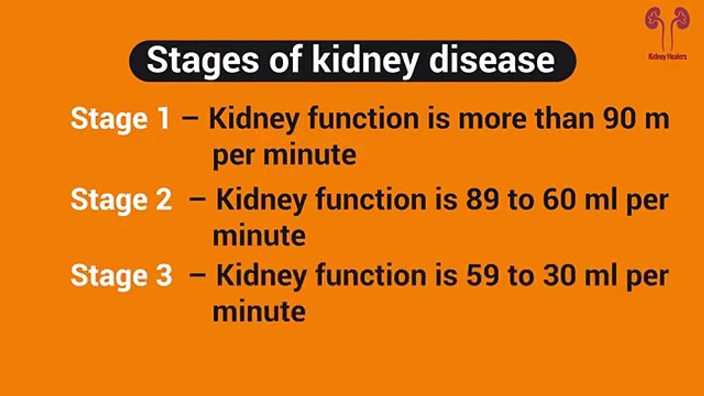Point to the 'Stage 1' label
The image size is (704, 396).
pos(120,119)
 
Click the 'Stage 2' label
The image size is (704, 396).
pos(121,200)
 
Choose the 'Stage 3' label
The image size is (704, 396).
pos(121,275)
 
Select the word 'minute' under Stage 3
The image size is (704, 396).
pos(259,312)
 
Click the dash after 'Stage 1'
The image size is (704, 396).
pos(190,119)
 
